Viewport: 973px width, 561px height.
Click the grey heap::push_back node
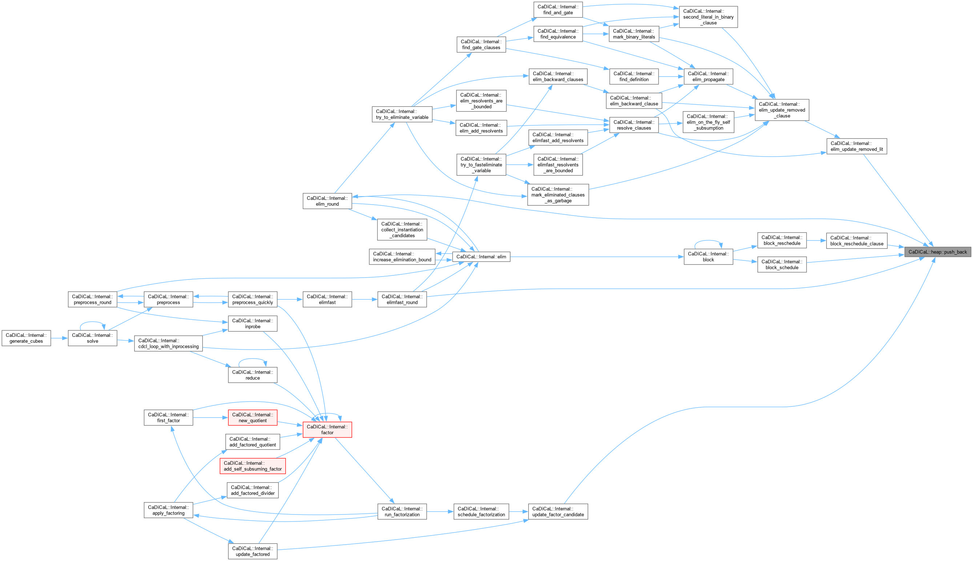[x=937, y=252]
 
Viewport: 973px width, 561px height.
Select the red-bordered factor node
[x=327, y=429]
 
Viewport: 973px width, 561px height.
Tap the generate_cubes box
[x=26, y=338]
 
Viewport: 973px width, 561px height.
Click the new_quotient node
[x=252, y=418]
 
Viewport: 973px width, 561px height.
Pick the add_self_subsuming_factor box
[x=252, y=466]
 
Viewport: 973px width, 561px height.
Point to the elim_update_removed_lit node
[x=856, y=146]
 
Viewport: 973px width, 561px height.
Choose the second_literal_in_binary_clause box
[x=708, y=17]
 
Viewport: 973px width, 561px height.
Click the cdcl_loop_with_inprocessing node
[x=168, y=344]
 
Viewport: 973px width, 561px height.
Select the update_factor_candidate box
[x=558, y=512]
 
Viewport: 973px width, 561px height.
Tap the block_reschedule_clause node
[x=856, y=241]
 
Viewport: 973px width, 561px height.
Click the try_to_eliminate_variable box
[x=402, y=114]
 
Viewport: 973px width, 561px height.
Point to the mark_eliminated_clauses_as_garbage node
[x=558, y=195]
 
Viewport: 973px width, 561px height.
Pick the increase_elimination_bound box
[x=402, y=257]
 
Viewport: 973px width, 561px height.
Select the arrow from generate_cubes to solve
[x=59, y=338]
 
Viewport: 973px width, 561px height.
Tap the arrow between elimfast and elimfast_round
[x=364, y=299]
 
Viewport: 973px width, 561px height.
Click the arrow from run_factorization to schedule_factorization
[x=440, y=512]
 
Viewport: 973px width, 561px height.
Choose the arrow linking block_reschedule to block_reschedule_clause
[x=816, y=241]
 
